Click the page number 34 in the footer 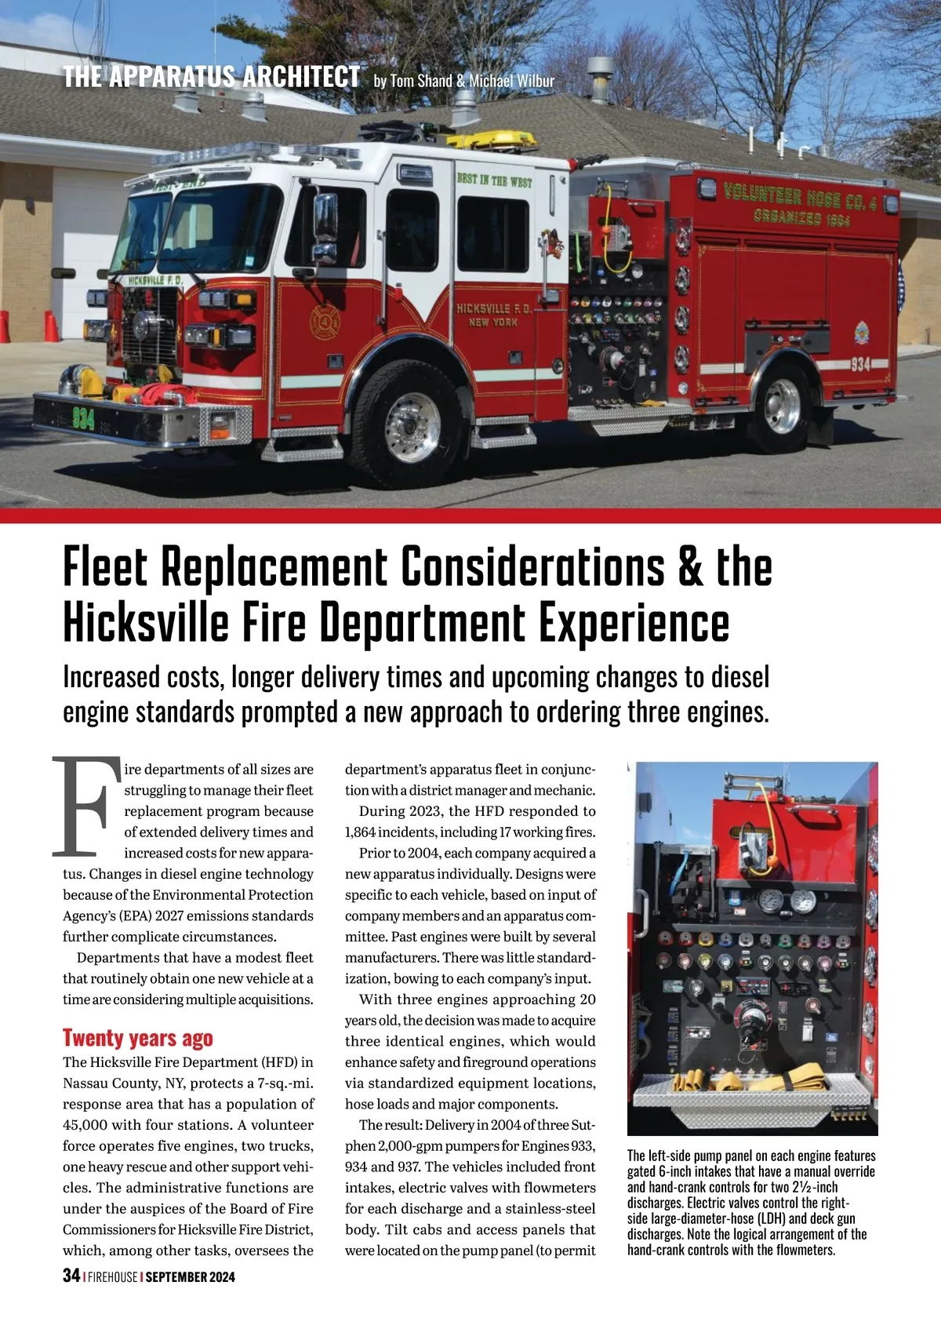pos(71,1275)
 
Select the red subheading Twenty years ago pos(137,1038)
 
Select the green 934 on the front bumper pos(83,419)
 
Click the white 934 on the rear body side pos(860,364)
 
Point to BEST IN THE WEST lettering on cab pos(494,180)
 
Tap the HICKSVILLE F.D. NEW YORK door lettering pos(494,315)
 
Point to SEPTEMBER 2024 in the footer pos(190,1276)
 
